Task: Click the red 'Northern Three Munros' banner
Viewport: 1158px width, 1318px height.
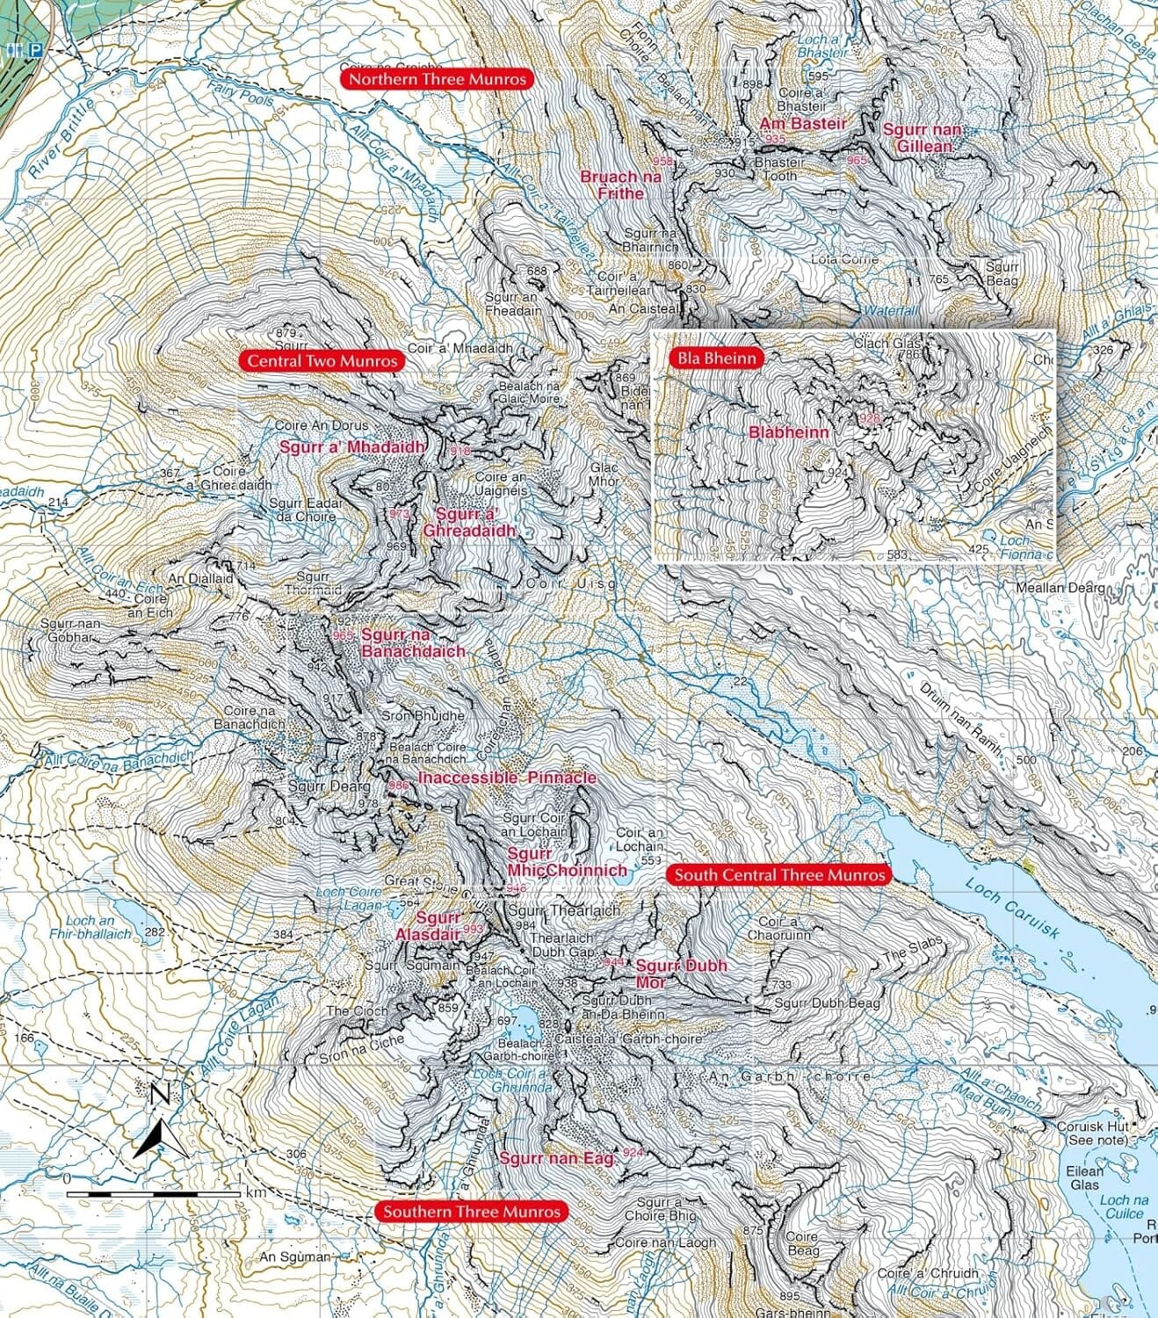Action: tap(437, 79)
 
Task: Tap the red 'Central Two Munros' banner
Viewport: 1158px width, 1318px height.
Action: tap(322, 360)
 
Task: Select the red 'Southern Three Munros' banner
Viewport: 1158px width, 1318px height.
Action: tap(471, 1212)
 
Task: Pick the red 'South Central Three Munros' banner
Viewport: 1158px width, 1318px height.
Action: tap(779, 875)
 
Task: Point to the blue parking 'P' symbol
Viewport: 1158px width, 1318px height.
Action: tap(36, 51)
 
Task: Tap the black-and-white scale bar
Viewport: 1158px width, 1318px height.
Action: tap(153, 1193)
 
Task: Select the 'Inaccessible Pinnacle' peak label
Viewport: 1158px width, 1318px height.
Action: tap(507, 778)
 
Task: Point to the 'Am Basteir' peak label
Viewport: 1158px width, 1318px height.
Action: tap(802, 124)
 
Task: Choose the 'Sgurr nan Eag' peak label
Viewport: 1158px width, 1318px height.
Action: tap(553, 1158)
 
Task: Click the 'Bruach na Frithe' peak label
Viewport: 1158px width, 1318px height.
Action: tap(620, 185)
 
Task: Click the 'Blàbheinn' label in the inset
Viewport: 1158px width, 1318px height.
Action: tap(788, 432)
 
